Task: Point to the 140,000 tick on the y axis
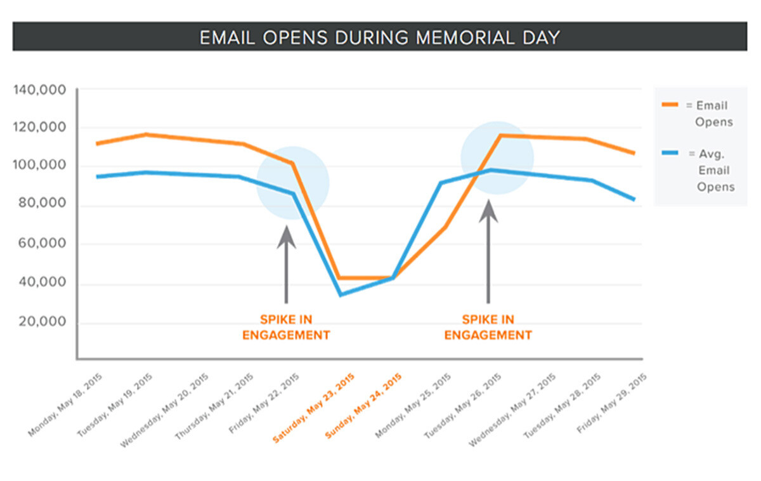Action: [39, 90]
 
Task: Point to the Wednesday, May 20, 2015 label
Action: [164, 410]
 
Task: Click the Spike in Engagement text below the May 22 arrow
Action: [286, 327]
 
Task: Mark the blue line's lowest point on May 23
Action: [341, 294]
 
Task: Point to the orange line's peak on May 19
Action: [146, 135]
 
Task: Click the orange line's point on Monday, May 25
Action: [443, 227]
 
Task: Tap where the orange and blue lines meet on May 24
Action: [393, 278]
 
